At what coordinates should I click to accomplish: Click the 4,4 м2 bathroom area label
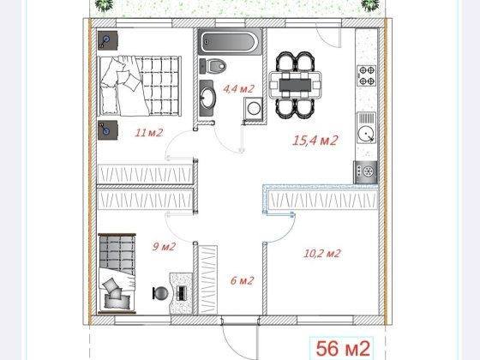(x=239, y=89)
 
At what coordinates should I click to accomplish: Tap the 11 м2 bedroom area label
(x=149, y=133)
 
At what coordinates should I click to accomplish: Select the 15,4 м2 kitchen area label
(x=315, y=141)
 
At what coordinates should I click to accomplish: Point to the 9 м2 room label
(x=164, y=247)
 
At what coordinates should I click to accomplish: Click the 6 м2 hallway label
(x=242, y=280)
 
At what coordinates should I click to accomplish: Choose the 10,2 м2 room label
(x=322, y=254)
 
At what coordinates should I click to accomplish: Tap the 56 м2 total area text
(x=343, y=348)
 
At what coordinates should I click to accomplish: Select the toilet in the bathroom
(x=213, y=66)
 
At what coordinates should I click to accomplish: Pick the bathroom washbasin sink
(x=207, y=98)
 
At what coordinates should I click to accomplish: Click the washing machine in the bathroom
(x=253, y=108)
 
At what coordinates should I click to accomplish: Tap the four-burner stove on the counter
(x=367, y=75)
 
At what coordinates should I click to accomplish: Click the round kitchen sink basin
(x=366, y=134)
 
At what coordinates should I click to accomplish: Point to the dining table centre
(x=295, y=85)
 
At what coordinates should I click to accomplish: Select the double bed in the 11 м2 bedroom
(x=139, y=86)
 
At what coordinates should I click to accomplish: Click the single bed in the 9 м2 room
(x=117, y=273)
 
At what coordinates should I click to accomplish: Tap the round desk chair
(x=160, y=293)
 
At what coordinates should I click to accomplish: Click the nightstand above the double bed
(x=108, y=40)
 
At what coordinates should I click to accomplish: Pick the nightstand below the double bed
(x=108, y=130)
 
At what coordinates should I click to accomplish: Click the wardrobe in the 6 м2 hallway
(x=207, y=279)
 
